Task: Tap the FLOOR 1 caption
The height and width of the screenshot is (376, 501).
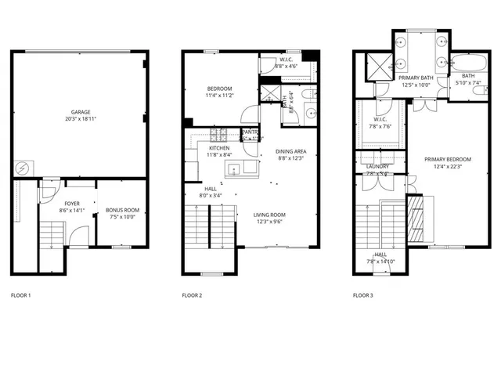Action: (21, 295)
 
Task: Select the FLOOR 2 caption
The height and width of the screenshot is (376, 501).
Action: (192, 295)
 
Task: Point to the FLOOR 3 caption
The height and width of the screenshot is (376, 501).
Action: (363, 295)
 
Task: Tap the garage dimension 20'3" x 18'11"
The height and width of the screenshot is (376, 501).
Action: (80, 118)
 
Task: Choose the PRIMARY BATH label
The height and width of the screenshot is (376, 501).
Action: (416, 78)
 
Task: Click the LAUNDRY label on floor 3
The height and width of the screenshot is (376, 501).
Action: (377, 166)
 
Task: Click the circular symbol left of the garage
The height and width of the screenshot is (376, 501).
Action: (22, 168)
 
